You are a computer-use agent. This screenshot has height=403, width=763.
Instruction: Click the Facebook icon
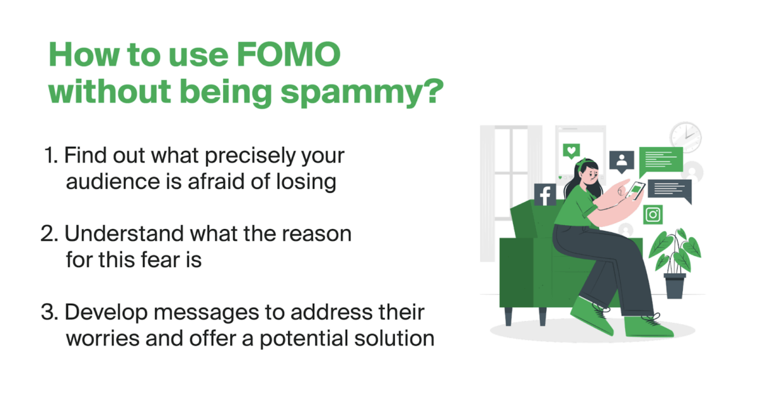click(x=545, y=195)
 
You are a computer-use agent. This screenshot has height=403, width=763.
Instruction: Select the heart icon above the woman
click(x=572, y=151)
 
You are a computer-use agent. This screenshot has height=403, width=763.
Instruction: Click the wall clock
click(x=685, y=135)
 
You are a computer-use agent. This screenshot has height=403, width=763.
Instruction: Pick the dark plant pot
click(x=675, y=285)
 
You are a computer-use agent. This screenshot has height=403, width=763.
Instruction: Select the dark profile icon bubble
click(x=622, y=161)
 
